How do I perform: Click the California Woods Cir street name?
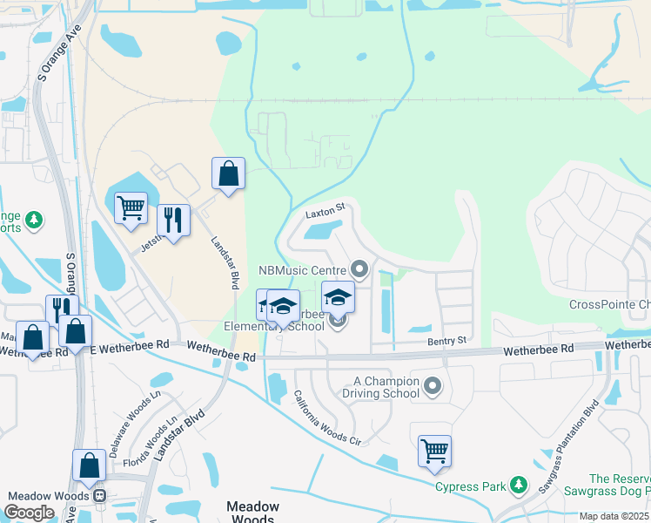point(325,418)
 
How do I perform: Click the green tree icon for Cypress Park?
point(519,484)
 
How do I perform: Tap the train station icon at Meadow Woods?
point(99,496)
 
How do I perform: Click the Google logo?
point(29,513)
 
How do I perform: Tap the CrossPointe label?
point(609,305)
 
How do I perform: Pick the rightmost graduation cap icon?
point(339,297)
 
